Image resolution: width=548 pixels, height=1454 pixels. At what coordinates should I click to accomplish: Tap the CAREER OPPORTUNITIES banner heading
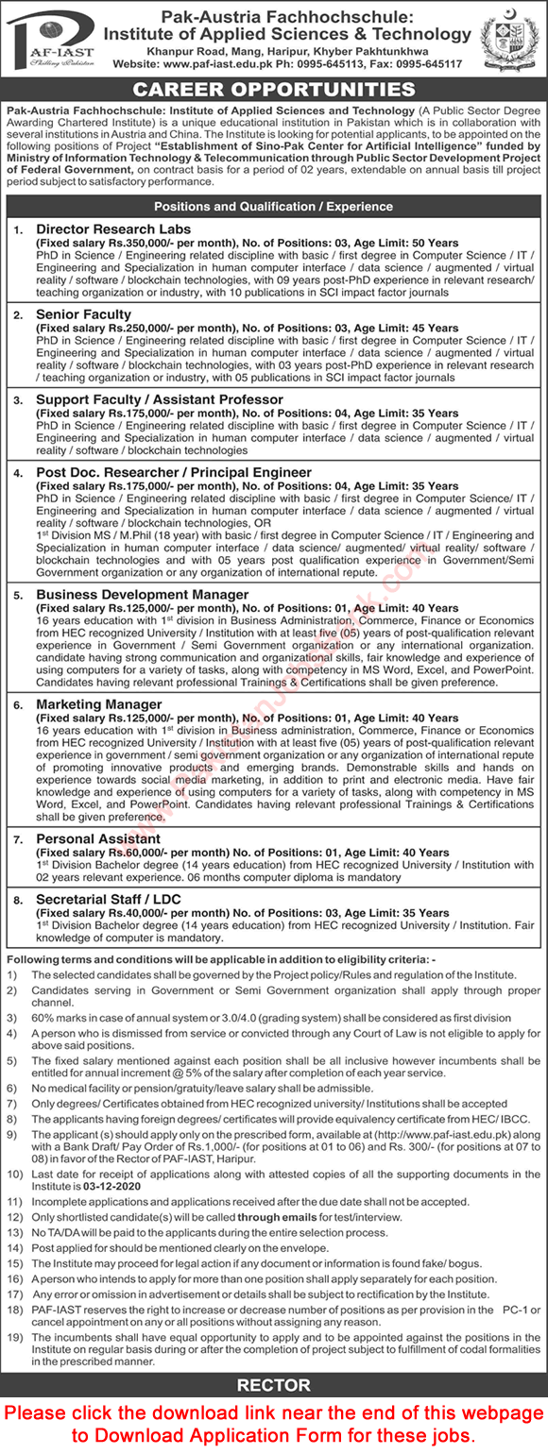(274, 90)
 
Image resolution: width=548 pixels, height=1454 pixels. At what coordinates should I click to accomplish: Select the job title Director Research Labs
(113, 229)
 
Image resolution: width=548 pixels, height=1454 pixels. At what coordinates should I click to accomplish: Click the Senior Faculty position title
(84, 314)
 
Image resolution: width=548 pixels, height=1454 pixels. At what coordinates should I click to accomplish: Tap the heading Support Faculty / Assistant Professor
(160, 399)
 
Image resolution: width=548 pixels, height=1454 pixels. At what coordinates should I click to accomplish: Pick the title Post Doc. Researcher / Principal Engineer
(174, 472)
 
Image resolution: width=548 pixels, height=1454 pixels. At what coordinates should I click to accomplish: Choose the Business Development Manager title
(143, 595)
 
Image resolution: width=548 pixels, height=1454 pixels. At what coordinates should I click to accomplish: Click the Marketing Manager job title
(99, 704)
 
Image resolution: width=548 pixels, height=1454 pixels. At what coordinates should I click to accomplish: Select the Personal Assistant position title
(98, 838)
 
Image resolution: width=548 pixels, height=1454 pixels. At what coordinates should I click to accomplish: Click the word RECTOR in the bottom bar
(273, 1386)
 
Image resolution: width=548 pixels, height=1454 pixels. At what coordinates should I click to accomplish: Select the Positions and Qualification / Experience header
(273, 207)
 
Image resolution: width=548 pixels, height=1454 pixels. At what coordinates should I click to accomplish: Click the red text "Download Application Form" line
(274, 1435)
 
